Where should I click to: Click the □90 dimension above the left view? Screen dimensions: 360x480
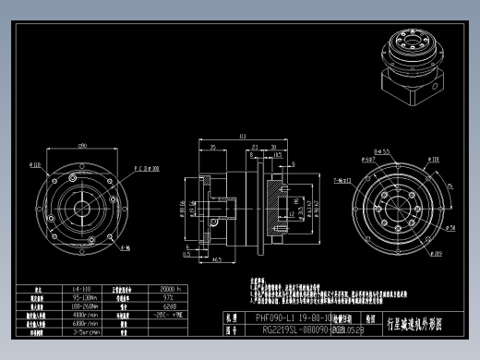(82, 146)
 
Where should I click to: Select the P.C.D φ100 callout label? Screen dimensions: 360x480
(147, 169)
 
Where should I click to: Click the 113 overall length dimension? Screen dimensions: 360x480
(242, 138)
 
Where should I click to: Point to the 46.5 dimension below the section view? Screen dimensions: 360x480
(216, 261)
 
